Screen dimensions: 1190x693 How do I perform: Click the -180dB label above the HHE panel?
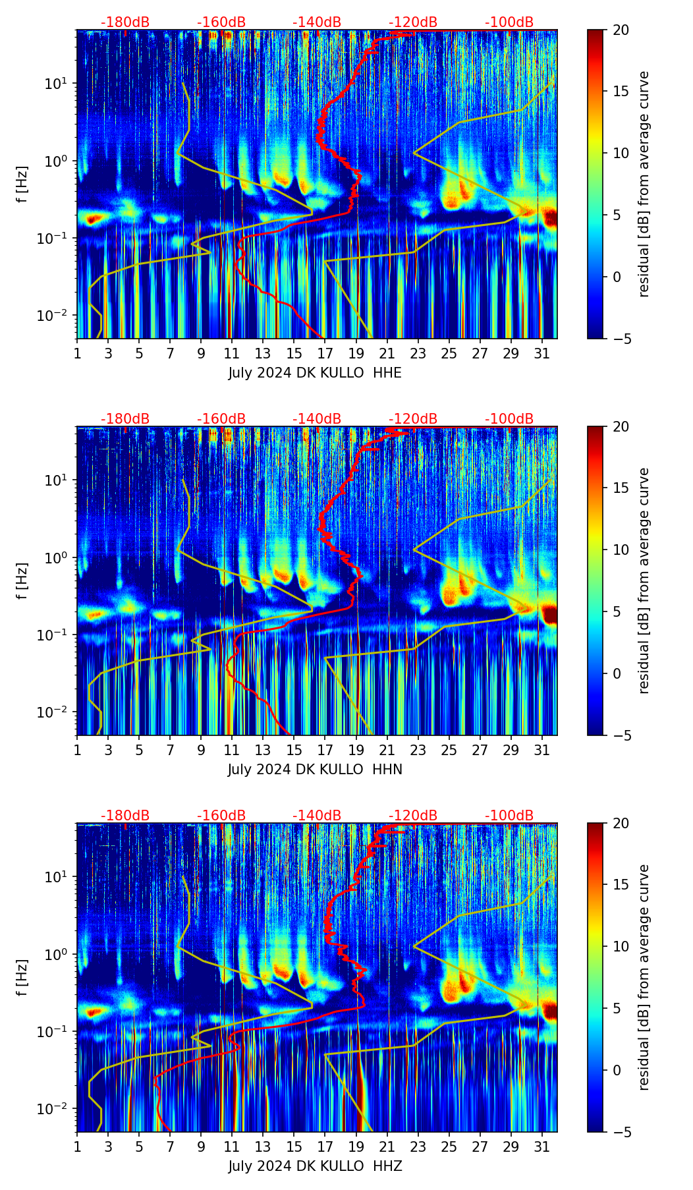coord(125,22)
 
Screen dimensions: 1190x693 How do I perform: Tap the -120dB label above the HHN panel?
coord(413,419)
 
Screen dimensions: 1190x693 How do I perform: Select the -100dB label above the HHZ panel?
coord(509,816)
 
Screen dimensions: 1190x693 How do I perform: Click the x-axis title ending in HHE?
coord(315,373)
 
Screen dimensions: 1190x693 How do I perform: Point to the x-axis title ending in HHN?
coord(315,770)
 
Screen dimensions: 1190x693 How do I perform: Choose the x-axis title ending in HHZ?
coord(315,1166)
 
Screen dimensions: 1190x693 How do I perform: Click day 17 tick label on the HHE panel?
coord(325,353)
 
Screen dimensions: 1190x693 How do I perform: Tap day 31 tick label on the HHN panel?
coord(541,750)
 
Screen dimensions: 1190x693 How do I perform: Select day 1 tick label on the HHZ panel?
coord(77,1147)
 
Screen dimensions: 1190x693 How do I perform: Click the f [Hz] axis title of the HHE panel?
coord(22,184)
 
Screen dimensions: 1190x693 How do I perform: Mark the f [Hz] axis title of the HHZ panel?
coord(22,978)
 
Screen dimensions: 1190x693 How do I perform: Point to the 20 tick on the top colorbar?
coord(621,30)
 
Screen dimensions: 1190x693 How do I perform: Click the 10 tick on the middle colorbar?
coord(621,550)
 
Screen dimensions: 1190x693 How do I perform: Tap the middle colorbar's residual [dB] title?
coord(644,581)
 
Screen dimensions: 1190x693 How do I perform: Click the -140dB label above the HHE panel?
coord(317,22)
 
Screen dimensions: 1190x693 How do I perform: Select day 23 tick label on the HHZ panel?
coord(418,1147)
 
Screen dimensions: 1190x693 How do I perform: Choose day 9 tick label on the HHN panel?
coord(201,750)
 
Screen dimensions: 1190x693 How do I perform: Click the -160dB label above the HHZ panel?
coord(221,816)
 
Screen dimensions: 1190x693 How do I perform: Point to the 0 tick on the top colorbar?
coord(617,277)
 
